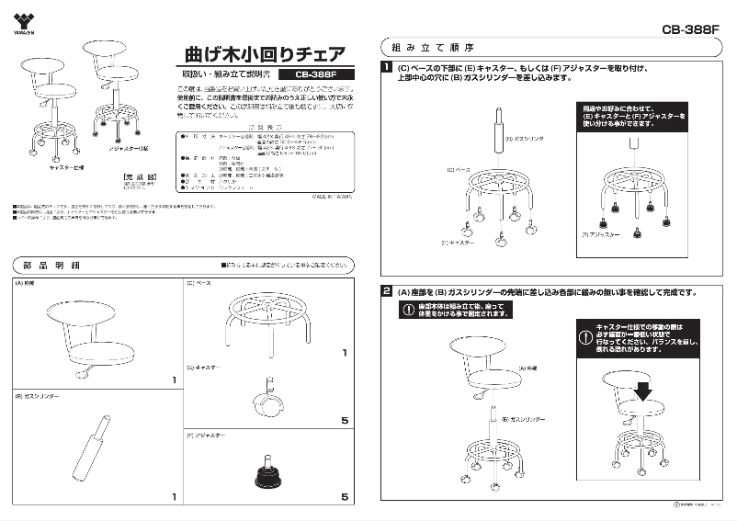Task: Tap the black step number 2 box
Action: coord(388,292)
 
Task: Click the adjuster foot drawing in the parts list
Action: coord(267,471)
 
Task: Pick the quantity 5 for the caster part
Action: coord(345,422)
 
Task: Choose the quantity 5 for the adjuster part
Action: coord(345,497)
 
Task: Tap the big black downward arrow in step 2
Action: coord(642,390)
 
